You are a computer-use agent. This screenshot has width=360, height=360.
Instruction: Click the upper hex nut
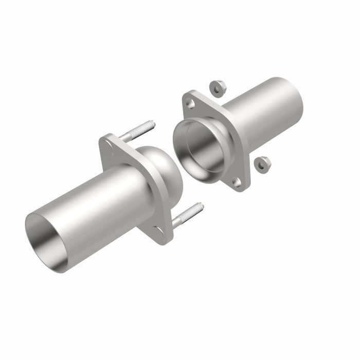click(217, 88)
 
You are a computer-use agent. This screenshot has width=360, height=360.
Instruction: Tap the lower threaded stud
click(187, 215)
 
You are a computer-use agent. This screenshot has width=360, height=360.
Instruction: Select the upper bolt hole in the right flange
click(191, 104)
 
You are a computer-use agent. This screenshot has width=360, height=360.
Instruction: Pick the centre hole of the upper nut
click(217, 88)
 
